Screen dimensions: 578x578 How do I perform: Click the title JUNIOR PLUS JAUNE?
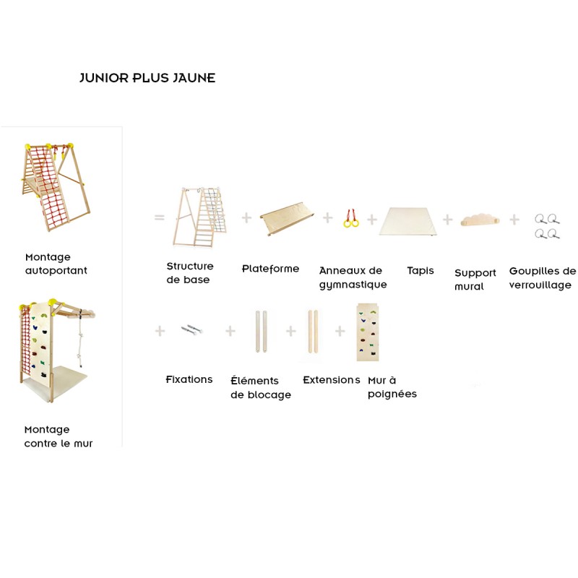point(147,78)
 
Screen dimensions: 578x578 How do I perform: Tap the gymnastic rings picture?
point(351,217)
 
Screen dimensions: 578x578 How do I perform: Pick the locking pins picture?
point(547,226)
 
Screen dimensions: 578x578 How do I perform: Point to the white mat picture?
point(409,221)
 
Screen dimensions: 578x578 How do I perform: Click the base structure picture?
point(199,216)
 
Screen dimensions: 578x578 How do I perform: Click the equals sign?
point(159,217)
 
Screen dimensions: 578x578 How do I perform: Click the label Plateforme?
point(270,269)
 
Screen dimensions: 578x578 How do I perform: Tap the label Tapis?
point(420,271)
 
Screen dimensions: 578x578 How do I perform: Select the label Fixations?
point(189,379)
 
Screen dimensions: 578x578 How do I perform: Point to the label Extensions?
point(332,379)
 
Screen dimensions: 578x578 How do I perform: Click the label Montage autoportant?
point(56,264)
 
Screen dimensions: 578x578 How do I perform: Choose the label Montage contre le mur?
point(59,436)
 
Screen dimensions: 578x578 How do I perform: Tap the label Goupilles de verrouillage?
point(543,278)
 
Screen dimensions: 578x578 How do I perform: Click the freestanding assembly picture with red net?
point(56,186)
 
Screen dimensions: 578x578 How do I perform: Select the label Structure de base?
point(190,273)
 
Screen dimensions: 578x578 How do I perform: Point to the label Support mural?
point(475,280)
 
